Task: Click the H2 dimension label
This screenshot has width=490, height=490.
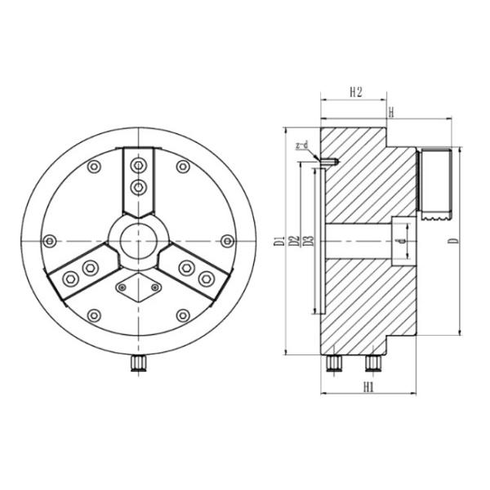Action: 354,92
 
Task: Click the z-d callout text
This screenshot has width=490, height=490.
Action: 301,146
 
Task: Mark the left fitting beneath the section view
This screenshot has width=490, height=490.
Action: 333,362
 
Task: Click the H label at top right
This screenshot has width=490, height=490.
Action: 392,111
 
